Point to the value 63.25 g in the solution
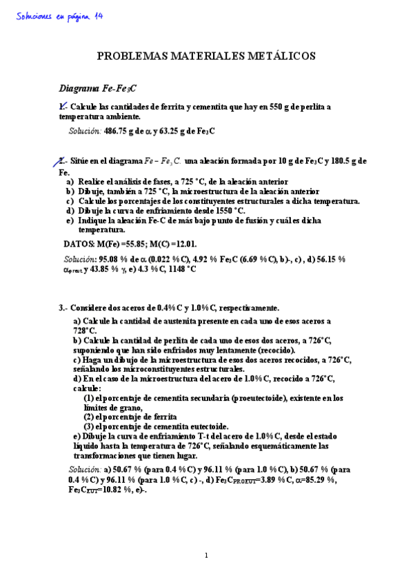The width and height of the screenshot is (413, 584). pyautogui.click(x=176, y=131)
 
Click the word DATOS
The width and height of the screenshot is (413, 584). pyautogui.click(x=79, y=243)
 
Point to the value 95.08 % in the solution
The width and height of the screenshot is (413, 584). pyautogui.click(x=114, y=258)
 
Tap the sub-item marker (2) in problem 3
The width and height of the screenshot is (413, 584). pyautogui.click(x=89, y=417)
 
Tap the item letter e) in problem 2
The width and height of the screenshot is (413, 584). pyautogui.click(x=70, y=220)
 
